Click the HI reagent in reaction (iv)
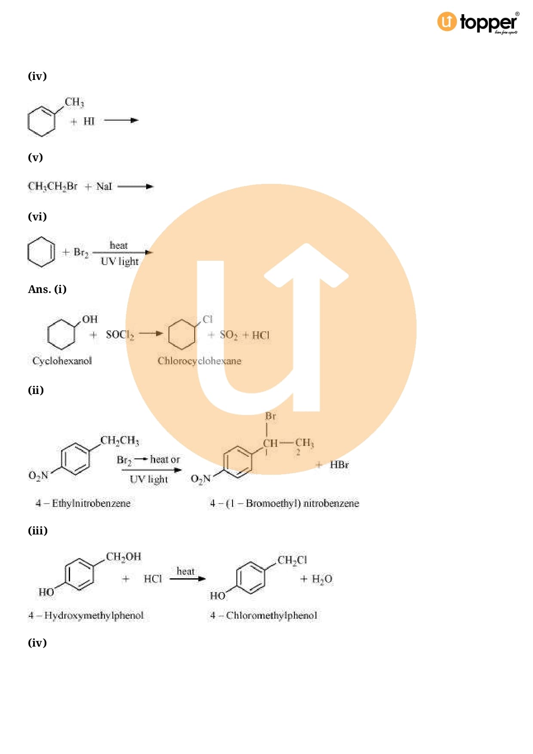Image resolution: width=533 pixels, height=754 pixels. click(x=89, y=121)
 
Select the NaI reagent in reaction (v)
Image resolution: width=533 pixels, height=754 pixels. click(x=104, y=186)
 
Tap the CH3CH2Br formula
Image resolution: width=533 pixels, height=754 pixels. click(x=52, y=186)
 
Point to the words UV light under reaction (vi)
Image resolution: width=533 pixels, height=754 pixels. click(x=120, y=261)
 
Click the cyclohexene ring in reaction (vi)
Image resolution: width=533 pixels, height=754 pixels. click(x=41, y=252)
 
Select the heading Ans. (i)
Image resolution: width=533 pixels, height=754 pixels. click(x=47, y=289)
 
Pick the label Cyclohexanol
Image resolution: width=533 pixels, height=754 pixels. click(x=62, y=361)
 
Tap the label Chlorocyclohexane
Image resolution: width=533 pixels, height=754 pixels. click(x=199, y=361)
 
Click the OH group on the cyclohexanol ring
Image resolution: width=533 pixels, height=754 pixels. click(x=90, y=319)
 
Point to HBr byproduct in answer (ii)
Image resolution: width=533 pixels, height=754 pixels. click(x=339, y=465)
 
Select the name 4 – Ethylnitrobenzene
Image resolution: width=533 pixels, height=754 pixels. click(x=83, y=503)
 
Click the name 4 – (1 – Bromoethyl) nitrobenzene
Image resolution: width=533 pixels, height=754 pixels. click(x=284, y=503)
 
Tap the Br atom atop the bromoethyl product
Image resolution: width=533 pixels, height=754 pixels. click(x=270, y=416)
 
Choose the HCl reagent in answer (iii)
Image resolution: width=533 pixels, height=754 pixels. click(x=153, y=579)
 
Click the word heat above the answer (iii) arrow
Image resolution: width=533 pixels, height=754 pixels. click(x=186, y=571)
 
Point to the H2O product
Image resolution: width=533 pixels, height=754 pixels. click(x=322, y=579)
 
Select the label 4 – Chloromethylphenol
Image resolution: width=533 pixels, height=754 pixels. click(x=263, y=616)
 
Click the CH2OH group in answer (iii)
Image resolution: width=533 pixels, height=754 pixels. click(x=123, y=557)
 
